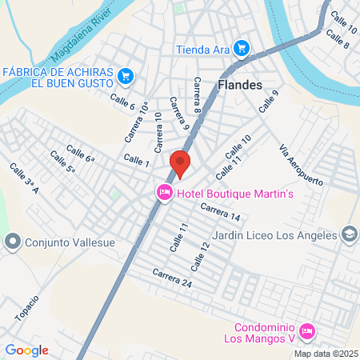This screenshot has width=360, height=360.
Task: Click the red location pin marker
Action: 180,163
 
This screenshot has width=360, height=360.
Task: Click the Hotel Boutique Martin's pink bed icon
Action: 164,192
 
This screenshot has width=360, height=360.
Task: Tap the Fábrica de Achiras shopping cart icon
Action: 125,76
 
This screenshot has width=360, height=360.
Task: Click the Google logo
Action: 26,350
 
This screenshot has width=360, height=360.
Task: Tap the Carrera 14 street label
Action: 220,212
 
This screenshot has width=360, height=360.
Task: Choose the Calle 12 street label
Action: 199,255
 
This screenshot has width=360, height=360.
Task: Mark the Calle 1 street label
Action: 136,161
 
